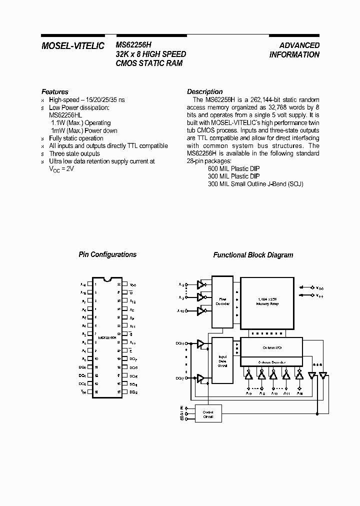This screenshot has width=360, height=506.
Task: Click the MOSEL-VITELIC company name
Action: (x=72, y=46)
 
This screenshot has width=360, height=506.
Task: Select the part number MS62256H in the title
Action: (x=133, y=45)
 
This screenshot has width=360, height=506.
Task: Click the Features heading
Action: (x=55, y=92)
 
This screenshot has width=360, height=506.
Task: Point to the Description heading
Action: (x=204, y=92)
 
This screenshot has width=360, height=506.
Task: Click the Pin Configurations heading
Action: (x=107, y=254)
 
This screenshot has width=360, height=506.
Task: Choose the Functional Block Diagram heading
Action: (x=253, y=255)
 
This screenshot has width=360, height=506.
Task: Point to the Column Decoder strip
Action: (x=271, y=361)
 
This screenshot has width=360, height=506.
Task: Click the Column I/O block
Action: (x=271, y=346)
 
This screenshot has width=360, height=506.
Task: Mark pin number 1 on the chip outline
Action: (x=96, y=284)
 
